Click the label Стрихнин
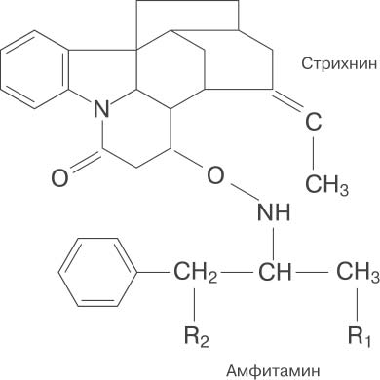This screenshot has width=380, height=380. tap(339, 64)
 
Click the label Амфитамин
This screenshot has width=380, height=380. tap(273, 370)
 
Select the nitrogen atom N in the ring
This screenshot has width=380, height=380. tap(101, 109)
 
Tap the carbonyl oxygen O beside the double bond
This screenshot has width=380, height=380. tap(60, 178)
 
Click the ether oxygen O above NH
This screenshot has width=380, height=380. tap(215, 175)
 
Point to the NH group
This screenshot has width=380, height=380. tap(274, 212)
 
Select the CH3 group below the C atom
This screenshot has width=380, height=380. tap(327, 184)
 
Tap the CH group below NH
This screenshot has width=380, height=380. tap(275, 271)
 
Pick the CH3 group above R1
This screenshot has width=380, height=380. tap(358, 272)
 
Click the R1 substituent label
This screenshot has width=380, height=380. tap(360, 336)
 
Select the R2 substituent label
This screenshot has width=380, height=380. tap(197, 336)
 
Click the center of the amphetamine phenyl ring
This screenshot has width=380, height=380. tap(97, 272)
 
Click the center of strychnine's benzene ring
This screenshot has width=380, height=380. tap(35, 69)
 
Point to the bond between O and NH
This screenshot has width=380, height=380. tap(245, 193)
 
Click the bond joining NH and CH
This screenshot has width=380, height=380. tap(274, 243)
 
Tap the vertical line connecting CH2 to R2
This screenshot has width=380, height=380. tap(195, 304)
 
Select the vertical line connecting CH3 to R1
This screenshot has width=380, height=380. tap(358, 304)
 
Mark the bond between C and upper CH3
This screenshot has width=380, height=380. tap(314, 153)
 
